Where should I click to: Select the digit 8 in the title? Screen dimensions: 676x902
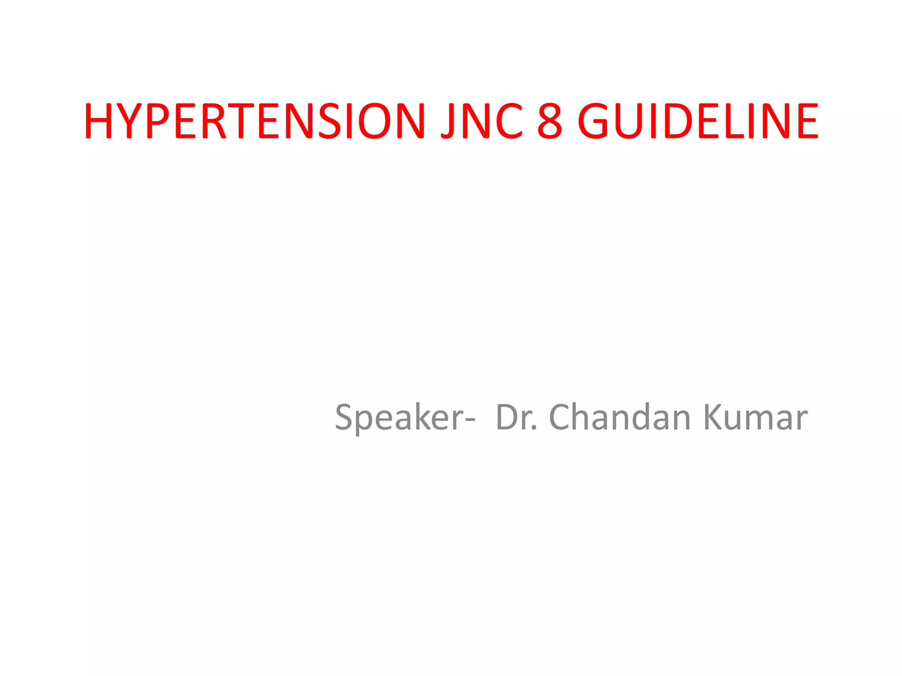(550, 121)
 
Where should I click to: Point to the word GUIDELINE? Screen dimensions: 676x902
(698, 121)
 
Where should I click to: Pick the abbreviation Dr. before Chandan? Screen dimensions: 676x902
(516, 417)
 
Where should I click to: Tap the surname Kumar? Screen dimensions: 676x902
(756, 417)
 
